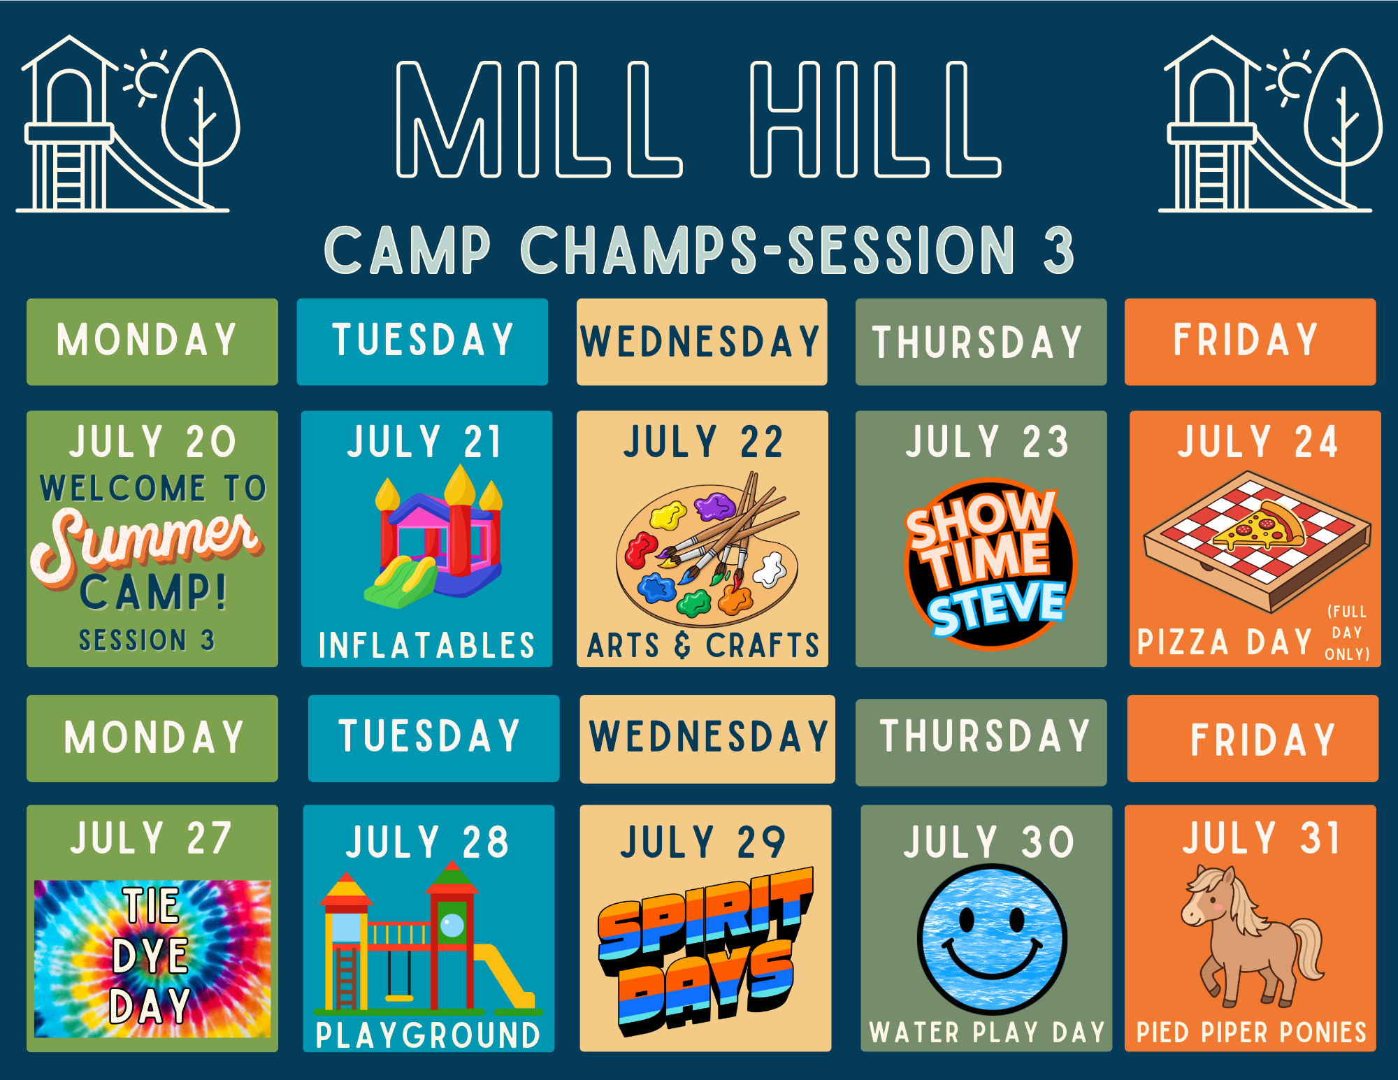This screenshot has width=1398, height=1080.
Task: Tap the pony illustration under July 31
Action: (x=1251, y=937)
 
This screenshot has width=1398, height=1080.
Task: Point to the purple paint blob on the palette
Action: (x=714, y=505)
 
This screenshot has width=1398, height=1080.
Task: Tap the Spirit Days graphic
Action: (x=705, y=951)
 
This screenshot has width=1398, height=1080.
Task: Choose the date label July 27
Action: (x=151, y=838)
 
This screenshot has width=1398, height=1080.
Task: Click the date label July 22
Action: (x=703, y=442)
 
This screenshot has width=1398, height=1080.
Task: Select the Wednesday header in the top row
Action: (x=702, y=342)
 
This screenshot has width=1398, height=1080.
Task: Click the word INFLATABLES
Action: (x=427, y=645)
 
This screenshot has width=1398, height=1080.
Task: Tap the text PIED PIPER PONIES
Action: (x=1251, y=1032)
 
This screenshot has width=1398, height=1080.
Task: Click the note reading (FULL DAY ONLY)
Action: (x=1347, y=633)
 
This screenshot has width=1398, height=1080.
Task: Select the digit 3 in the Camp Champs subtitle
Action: (x=1058, y=250)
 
